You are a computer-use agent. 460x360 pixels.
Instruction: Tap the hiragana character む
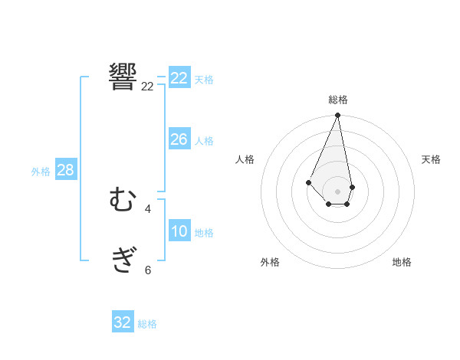[123, 201]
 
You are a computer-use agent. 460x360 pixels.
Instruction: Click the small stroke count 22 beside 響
[148, 87]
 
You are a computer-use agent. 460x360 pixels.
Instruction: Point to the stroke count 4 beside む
[148, 208]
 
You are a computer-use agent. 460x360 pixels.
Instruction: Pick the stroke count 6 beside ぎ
[148, 270]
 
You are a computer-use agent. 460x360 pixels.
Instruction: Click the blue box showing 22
[179, 78]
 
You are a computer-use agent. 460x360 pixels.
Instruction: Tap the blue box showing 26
[179, 139]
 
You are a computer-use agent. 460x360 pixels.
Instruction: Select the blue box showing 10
[179, 231]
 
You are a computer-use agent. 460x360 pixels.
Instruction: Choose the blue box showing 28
[65, 170]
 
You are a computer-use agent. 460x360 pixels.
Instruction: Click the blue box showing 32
[123, 322]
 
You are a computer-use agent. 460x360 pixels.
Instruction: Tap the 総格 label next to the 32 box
[147, 324]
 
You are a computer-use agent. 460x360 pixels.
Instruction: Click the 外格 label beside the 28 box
[41, 172]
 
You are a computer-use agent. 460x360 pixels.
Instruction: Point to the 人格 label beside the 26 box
[204, 141]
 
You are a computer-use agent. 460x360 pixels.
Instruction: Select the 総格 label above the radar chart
[338, 100]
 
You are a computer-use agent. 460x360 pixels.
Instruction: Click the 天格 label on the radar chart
[431, 159]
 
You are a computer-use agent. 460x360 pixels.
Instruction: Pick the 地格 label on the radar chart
[402, 262]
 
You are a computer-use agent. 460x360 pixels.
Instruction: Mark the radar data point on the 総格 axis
[338, 116]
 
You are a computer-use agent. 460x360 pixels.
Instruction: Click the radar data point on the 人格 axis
[308, 182]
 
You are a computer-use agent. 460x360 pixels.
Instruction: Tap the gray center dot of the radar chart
[338, 191]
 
